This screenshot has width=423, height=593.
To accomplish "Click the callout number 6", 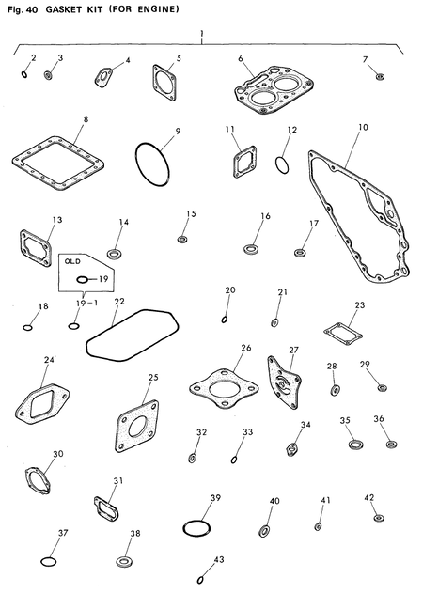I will point(241,58).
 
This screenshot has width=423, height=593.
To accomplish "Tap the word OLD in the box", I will point(72,263).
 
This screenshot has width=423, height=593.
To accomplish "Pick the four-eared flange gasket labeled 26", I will point(224,383).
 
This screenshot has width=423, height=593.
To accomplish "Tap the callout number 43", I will point(220,558).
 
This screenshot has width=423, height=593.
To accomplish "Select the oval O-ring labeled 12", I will point(281,165).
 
